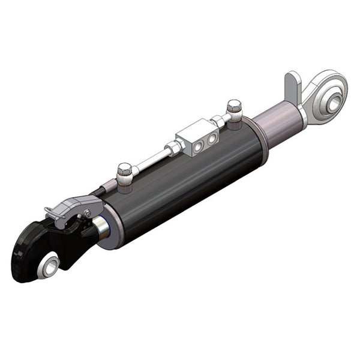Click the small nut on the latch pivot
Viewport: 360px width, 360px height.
click(88, 213)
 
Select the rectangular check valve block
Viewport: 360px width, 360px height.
click(196, 134)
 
